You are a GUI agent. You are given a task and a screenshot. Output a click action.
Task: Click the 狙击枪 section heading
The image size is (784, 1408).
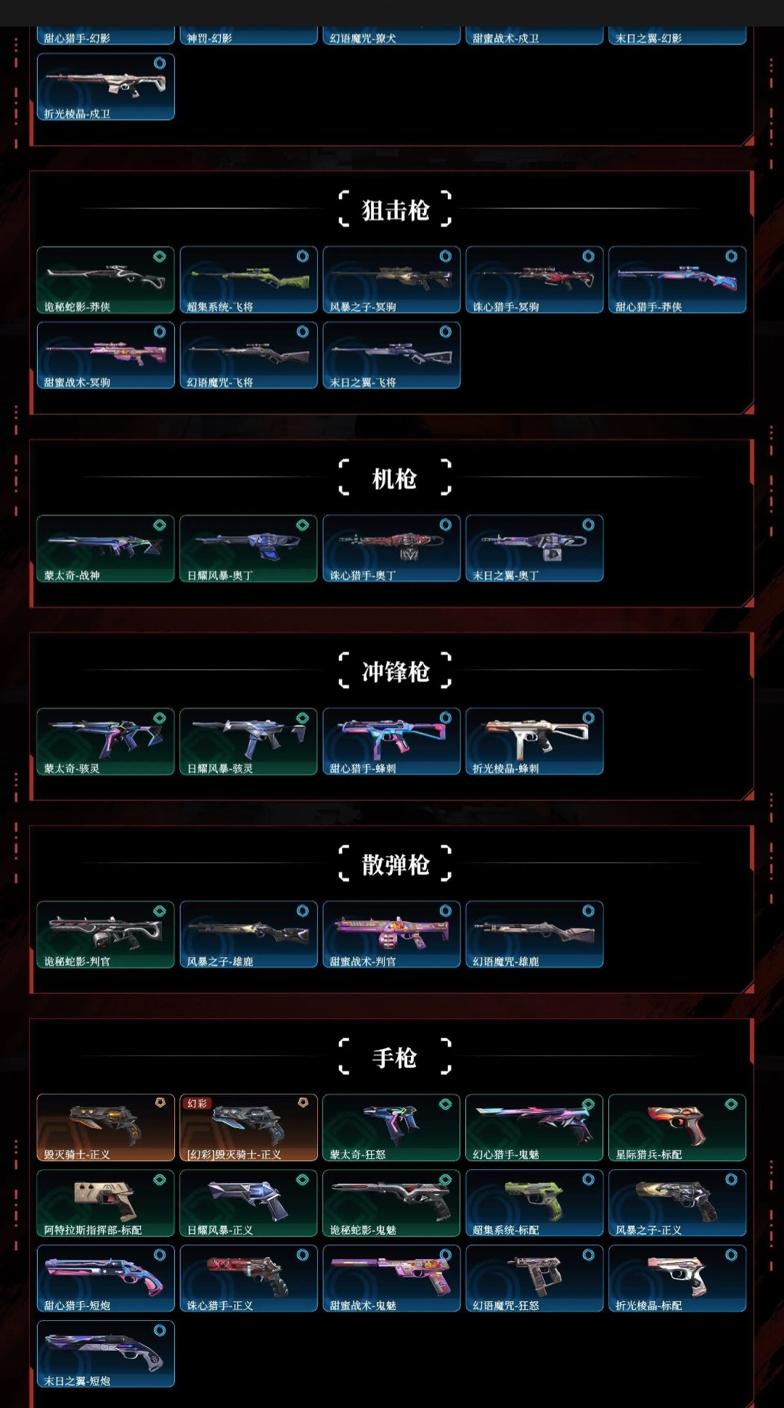pos(396,210)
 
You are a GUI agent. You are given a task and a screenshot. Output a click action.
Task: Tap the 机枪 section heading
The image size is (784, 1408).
pos(395,479)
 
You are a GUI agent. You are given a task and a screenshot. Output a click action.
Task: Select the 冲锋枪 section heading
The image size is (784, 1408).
pos(396,672)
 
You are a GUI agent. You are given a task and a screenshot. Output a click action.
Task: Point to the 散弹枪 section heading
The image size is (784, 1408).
pos(396,865)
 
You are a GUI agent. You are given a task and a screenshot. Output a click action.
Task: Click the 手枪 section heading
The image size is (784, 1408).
pos(395,1058)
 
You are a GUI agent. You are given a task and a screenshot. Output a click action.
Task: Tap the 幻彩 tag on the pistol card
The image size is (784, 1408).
pos(197,1103)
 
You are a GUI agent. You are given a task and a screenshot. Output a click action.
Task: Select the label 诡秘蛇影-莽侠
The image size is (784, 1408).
pos(77,307)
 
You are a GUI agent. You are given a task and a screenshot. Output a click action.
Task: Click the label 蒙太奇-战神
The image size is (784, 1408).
pos(72,576)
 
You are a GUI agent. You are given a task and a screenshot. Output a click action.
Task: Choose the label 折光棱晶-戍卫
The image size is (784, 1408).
pos(77,114)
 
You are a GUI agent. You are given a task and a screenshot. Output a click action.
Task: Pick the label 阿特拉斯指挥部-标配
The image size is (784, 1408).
pos(93,1230)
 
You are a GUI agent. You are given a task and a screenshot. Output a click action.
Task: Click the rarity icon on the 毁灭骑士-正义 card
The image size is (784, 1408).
pos(160,1102)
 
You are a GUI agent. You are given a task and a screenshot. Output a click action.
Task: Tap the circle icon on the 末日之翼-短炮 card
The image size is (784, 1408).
pos(160,1330)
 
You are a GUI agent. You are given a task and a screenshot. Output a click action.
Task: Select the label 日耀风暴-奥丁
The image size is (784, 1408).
pos(220,576)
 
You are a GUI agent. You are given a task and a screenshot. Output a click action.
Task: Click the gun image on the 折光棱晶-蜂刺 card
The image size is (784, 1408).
pos(534,736)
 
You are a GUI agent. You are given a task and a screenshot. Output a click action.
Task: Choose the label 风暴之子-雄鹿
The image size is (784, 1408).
pos(220,962)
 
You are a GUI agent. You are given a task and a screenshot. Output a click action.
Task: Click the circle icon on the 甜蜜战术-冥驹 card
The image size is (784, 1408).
pos(160,332)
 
